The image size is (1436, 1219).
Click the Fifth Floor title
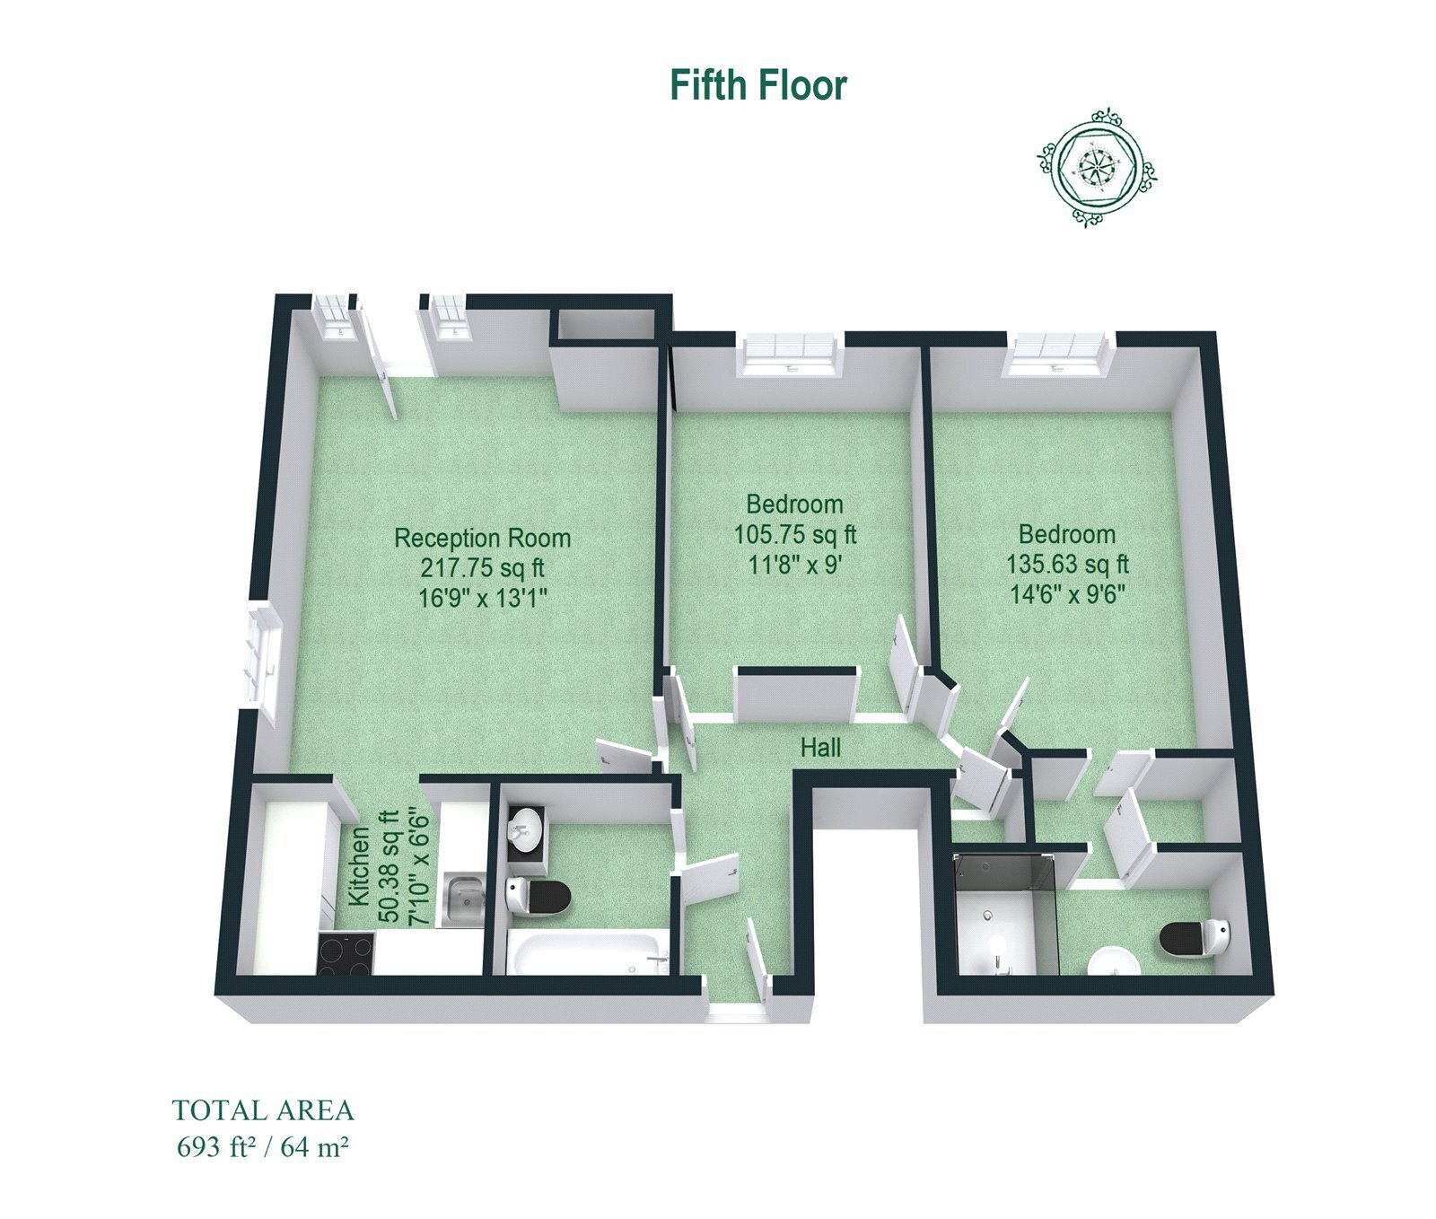[758, 85]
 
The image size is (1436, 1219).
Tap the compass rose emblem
[1096, 168]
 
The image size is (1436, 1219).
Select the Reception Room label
[483, 538]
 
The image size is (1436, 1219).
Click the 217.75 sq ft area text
[483, 567]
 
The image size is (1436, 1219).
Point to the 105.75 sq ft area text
[795, 534]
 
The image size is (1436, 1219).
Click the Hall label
[821, 747]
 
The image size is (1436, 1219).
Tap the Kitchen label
[358, 866]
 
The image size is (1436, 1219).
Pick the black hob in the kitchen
[347, 954]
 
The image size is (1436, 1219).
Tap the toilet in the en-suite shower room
[1198, 937]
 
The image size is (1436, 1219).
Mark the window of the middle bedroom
[789, 354]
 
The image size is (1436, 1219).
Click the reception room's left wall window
[261, 661]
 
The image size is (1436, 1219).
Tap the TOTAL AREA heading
[263, 1111]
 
